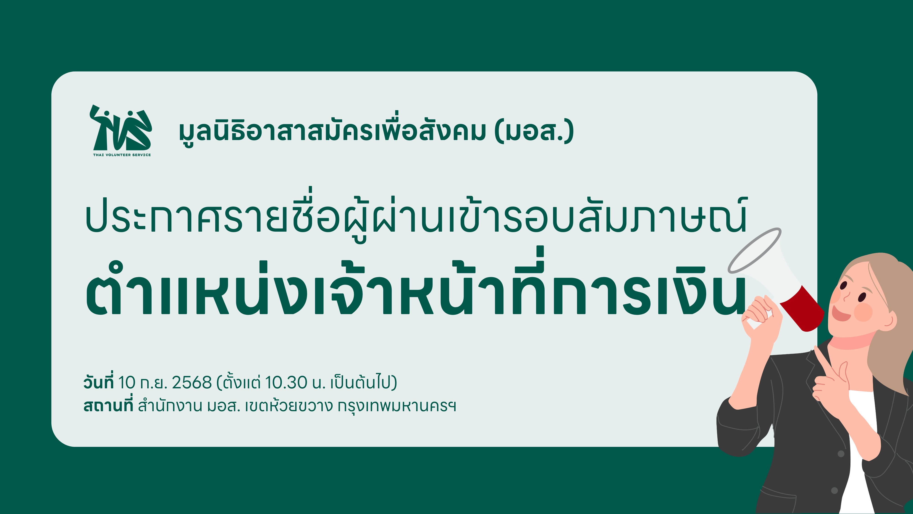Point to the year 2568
coord(192,383)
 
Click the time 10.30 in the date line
coord(286,383)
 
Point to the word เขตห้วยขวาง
coord(289,405)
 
